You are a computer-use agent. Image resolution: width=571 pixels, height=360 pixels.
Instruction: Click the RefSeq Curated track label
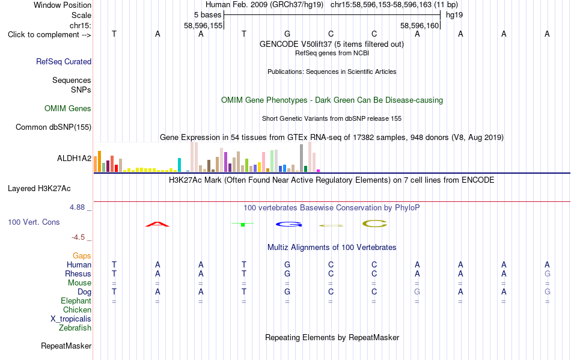[x=64, y=61]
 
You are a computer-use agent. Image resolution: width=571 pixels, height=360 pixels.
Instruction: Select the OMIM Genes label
[x=68, y=108]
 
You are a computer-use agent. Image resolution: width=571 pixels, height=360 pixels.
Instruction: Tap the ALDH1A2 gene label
[x=75, y=158]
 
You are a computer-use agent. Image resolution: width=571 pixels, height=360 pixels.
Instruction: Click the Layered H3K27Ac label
[x=39, y=189]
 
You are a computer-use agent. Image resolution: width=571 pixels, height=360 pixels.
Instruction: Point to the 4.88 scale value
[x=77, y=207]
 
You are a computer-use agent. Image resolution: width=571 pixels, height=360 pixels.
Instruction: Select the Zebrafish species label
[x=75, y=328]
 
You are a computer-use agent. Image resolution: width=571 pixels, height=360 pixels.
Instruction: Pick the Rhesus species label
[x=78, y=273]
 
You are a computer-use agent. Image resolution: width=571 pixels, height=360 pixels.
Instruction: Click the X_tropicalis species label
[x=71, y=319]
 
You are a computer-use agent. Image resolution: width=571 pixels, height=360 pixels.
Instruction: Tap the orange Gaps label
[x=82, y=255]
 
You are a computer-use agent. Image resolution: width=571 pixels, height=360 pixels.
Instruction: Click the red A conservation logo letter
[x=157, y=224]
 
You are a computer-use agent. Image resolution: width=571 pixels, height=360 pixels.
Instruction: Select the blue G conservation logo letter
[x=289, y=224]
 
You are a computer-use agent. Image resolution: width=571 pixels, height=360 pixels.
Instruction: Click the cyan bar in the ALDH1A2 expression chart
[x=179, y=165]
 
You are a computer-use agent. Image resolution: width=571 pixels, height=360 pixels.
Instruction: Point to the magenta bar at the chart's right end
[x=318, y=170]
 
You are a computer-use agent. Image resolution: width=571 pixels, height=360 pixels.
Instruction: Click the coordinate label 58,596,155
[x=203, y=25]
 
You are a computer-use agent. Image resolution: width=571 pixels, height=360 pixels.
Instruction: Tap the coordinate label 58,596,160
[x=420, y=25]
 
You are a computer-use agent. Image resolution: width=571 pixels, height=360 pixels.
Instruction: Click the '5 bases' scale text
[x=207, y=15]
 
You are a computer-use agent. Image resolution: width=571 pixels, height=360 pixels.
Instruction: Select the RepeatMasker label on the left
[x=66, y=346]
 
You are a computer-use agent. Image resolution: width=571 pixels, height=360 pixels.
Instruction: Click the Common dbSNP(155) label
[x=53, y=127]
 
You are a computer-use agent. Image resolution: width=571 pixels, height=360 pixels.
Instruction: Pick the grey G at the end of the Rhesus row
[x=548, y=273]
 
